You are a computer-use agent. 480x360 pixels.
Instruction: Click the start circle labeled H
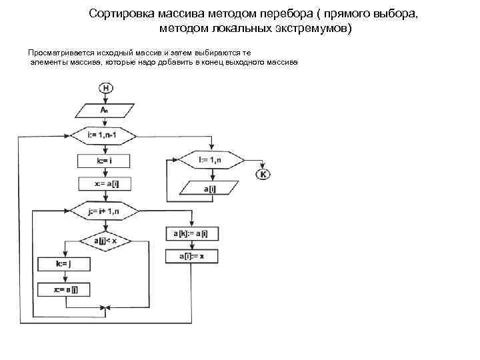pos(105,87)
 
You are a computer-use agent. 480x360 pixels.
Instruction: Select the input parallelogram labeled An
pos(103,110)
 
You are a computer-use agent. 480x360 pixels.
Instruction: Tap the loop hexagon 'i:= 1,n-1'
pos(103,135)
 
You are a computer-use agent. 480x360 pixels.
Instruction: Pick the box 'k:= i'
pos(103,161)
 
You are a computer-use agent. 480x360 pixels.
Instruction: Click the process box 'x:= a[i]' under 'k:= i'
pos(103,183)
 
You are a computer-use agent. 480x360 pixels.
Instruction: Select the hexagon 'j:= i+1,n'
pos(103,211)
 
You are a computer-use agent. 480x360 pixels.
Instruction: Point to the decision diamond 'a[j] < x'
pos(105,240)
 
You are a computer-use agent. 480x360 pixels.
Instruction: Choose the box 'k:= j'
pos(63,263)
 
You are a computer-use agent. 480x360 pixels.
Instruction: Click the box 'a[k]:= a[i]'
pos(191,233)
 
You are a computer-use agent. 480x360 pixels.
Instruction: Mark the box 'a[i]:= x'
pos(191,256)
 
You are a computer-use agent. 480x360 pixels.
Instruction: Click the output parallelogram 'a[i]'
pos(211,189)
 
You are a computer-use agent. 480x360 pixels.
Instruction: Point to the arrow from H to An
pos(105,98)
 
